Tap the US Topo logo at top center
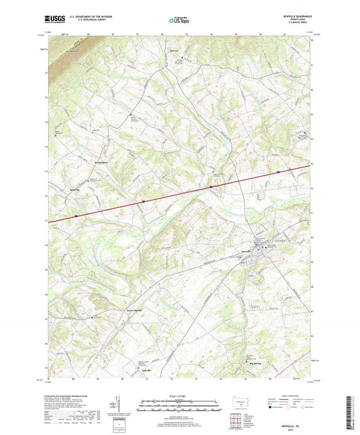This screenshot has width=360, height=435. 179,21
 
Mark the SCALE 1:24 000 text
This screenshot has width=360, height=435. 180,396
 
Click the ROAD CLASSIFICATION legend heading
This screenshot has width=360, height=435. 292,394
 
